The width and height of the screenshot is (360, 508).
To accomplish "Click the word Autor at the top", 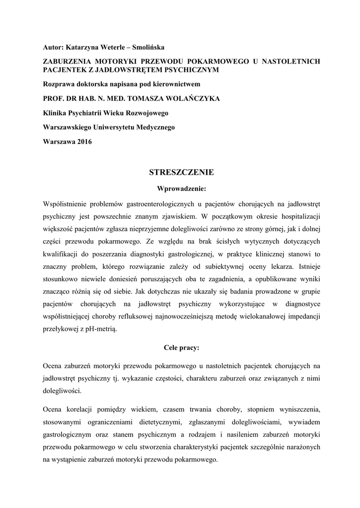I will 52,47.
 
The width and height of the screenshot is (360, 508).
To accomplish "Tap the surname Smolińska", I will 146,47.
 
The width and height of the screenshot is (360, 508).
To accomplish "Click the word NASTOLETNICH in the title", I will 290,62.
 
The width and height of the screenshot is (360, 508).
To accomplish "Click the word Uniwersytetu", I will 115,127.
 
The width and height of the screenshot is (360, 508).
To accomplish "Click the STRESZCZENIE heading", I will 181,172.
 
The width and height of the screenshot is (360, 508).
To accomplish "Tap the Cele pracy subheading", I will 181,348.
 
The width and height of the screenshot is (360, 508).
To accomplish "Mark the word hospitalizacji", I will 296,216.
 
